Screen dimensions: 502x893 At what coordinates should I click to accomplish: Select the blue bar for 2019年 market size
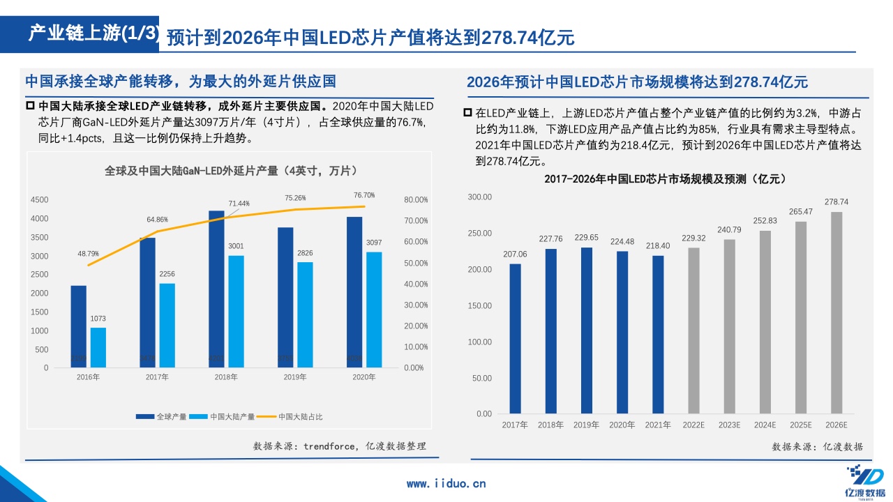587,330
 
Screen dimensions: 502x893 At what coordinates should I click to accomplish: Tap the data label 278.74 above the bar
836,202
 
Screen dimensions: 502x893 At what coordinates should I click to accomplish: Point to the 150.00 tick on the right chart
479,305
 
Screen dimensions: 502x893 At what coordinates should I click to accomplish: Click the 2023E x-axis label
729,425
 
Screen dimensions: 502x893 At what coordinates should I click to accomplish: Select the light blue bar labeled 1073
98,347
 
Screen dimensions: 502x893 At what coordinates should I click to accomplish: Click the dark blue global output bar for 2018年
216,289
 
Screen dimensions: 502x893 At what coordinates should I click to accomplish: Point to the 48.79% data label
88,254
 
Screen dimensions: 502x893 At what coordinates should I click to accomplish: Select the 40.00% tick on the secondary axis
416,284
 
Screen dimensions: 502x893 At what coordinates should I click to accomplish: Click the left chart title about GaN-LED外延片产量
231,171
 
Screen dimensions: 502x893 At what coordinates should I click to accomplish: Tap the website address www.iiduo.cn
446,483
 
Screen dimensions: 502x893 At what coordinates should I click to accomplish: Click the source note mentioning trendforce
339,446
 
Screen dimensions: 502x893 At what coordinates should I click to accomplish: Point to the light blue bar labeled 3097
374,310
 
